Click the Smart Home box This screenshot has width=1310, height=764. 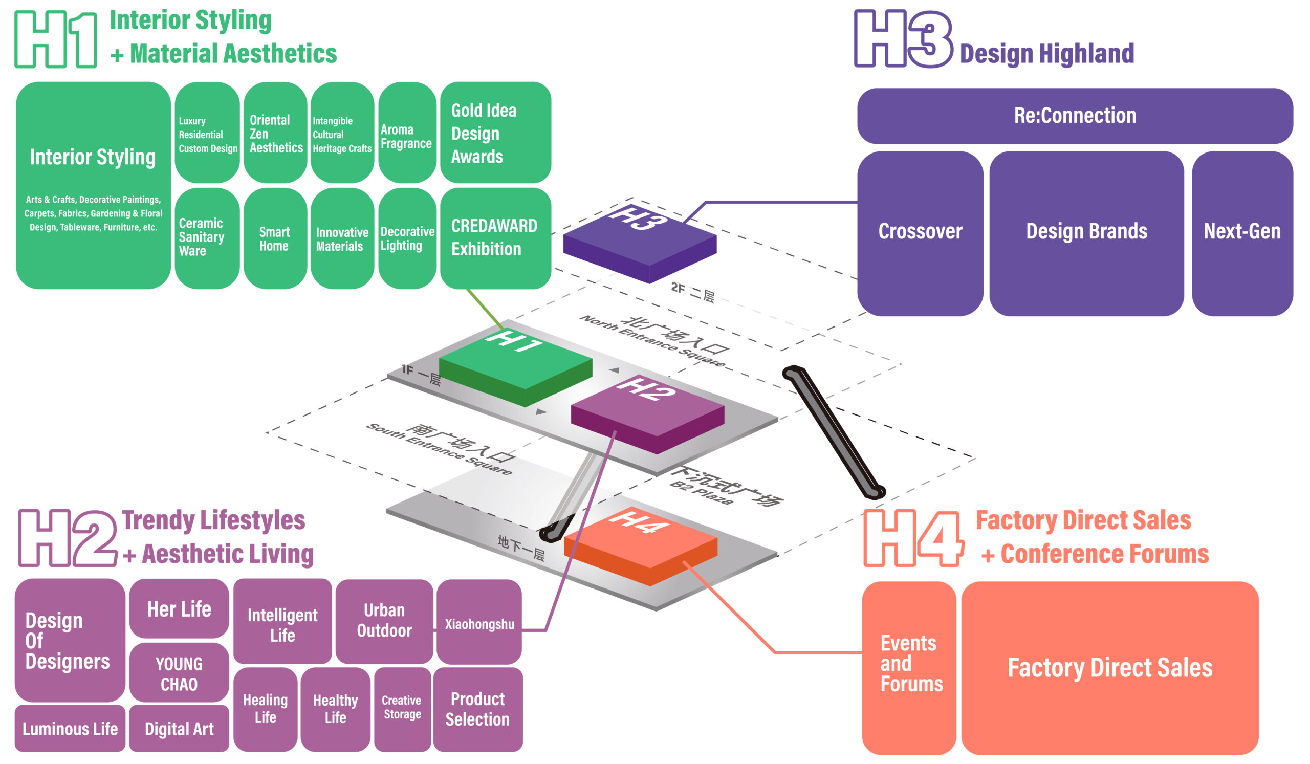point(274,238)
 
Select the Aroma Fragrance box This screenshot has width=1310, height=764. point(407,133)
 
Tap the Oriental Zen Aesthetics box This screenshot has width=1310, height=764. point(275,133)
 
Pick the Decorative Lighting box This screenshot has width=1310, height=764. point(407,238)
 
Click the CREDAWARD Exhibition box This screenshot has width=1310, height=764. point(495,238)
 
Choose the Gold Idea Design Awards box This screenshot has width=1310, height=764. point(495,133)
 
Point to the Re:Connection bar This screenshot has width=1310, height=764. point(1075,116)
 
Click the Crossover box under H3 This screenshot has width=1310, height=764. point(920,233)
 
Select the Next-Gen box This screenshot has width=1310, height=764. point(1242,233)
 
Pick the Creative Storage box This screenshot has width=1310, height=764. point(402,709)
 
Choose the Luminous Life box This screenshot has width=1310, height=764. point(70,728)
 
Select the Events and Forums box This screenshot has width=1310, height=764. point(909,667)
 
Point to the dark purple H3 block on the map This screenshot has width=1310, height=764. point(640,239)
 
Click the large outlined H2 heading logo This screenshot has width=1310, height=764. point(68,538)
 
